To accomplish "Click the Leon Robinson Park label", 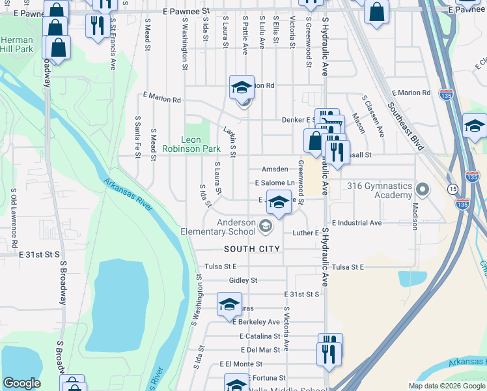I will [201, 144].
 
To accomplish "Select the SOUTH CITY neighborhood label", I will [252, 249].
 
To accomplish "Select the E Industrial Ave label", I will [357, 223].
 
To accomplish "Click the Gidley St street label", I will [244, 280].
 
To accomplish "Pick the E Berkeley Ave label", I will [256, 322].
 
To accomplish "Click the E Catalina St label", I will [259, 336].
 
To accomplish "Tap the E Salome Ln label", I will [275, 183].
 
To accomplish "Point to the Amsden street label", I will [275, 169].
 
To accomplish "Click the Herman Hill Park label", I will [16, 44].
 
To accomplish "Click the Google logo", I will [21, 383].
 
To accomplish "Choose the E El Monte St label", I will [244, 364].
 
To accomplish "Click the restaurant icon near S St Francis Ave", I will [97, 25].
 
